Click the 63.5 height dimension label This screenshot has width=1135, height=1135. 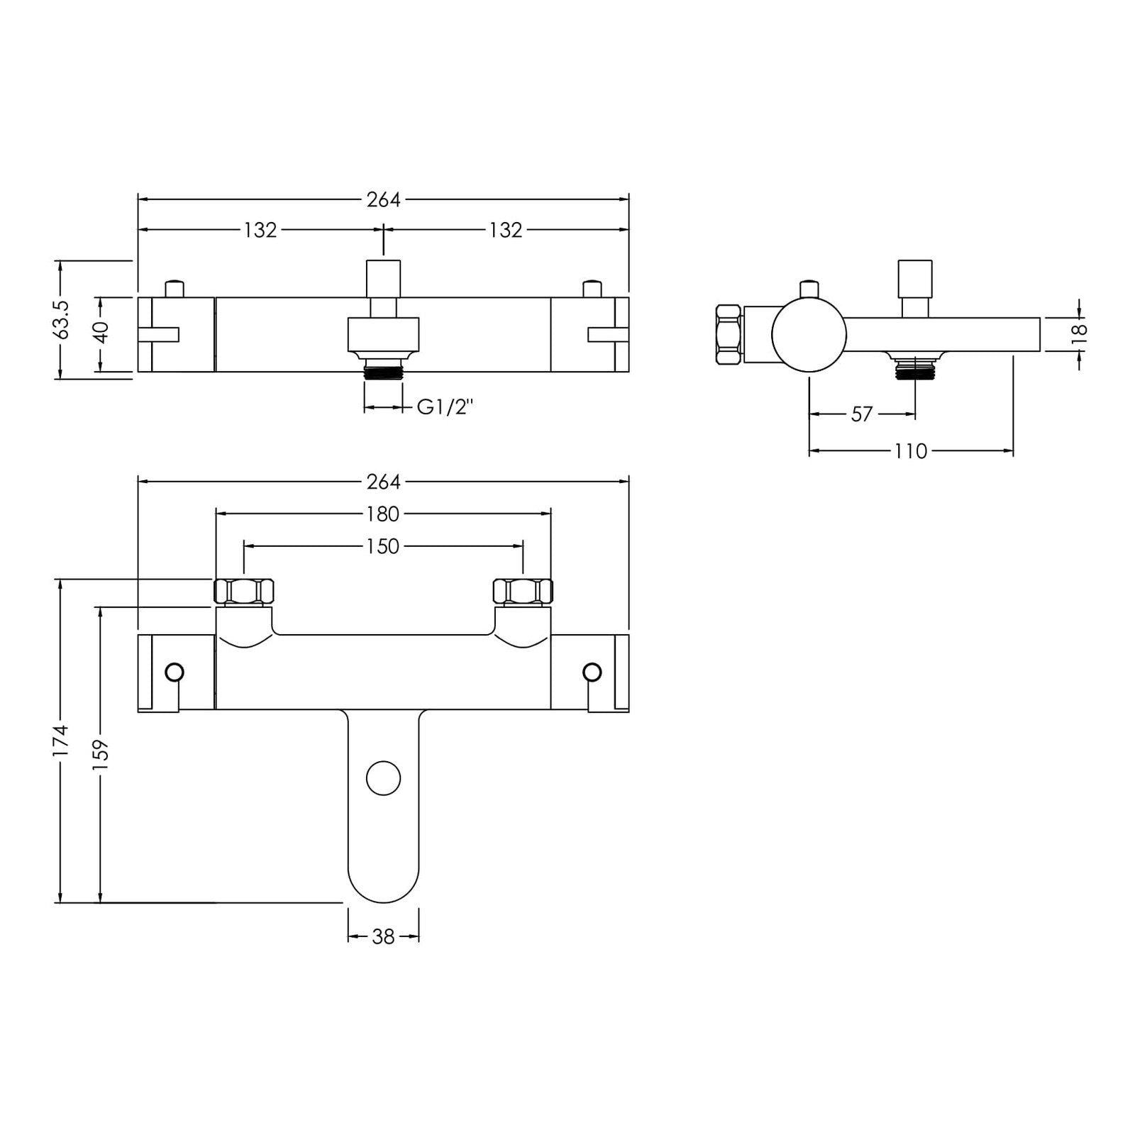point(62,319)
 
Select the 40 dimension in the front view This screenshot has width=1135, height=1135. point(101,333)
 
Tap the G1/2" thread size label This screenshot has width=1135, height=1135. point(445,407)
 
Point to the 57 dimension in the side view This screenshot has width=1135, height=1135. point(861,414)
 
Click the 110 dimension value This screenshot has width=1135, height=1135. point(911,451)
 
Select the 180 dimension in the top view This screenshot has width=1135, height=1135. point(383,513)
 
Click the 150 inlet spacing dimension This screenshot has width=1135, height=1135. point(383,546)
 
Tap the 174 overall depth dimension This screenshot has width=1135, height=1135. point(62,740)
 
